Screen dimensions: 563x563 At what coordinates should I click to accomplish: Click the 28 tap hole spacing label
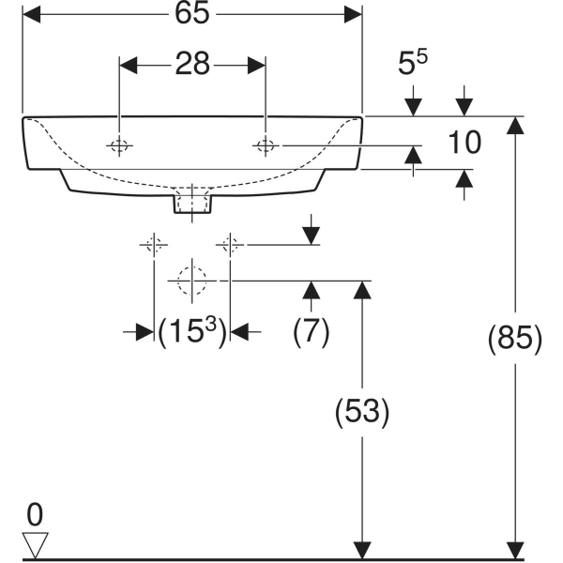pos(191,65)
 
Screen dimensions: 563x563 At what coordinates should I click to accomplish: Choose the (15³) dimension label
pos(192,331)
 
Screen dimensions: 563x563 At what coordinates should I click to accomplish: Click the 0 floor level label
pos(36,514)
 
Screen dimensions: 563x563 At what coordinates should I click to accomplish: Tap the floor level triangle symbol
pos(36,543)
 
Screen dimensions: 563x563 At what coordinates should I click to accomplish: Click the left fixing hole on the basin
pos(119,145)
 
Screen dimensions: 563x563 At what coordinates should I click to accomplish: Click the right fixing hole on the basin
pos(266,145)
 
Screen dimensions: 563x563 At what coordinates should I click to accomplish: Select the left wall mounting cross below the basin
pos(153,246)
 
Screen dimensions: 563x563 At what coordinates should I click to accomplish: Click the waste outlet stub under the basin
pos(191,201)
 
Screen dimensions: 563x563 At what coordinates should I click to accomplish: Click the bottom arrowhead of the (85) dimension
pos(514,549)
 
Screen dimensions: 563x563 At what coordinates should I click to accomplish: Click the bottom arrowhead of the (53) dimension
pos(359,549)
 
